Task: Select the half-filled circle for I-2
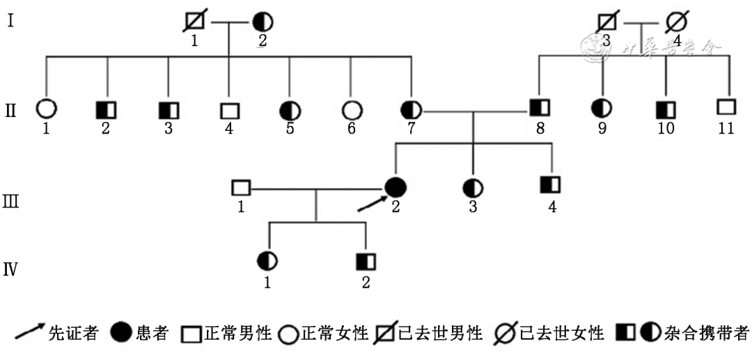(263, 22)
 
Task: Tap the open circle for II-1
(46, 109)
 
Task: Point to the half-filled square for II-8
(539, 109)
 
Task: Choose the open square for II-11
(727, 108)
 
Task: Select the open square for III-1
(240, 187)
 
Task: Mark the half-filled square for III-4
(551, 185)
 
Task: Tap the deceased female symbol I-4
(675, 22)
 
